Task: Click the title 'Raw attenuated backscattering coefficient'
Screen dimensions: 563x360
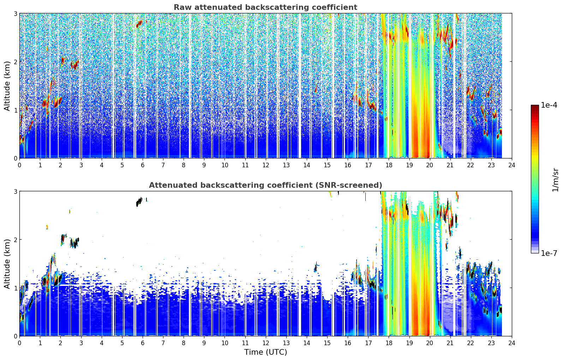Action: (265, 7)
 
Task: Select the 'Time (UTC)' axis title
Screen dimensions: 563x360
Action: (265, 352)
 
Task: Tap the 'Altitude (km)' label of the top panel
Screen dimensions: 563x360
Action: (7, 86)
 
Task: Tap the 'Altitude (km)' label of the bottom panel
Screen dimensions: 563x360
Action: (7, 264)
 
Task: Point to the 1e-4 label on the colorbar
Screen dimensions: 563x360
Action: (549, 105)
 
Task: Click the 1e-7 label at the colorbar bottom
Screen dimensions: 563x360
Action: (549, 253)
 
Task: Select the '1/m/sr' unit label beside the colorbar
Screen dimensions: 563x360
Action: (555, 180)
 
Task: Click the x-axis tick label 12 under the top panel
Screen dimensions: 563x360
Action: (266, 165)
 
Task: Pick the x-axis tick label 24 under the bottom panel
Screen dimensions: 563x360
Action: (512, 343)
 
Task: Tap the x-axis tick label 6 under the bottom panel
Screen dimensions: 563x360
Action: (143, 343)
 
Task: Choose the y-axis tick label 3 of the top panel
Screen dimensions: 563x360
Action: (15, 13)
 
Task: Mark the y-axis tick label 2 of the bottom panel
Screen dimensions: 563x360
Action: (15, 240)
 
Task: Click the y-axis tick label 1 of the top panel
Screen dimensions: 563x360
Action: (15, 110)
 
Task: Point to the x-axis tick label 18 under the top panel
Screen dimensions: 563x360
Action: (389, 165)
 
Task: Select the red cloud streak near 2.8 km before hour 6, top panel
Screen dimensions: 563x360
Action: (139, 24)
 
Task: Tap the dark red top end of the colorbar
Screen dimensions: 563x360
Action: (535, 106)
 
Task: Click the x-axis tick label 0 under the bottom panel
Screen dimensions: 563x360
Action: (20, 343)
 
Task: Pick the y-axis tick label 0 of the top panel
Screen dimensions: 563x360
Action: (15, 158)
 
